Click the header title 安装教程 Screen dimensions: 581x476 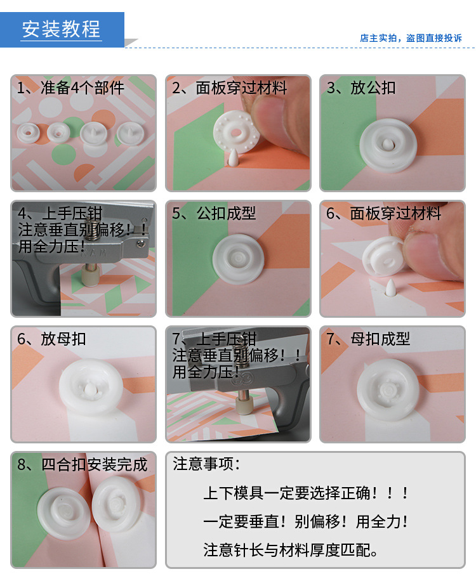(x=61, y=29)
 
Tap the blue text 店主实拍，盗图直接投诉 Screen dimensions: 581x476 (x=411, y=38)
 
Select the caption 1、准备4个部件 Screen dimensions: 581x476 (x=71, y=88)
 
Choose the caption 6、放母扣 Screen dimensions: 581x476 (x=52, y=339)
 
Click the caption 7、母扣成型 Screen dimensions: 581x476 (x=368, y=339)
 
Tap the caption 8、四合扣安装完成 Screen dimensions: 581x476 (x=83, y=464)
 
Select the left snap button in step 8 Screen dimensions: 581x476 (x=62, y=511)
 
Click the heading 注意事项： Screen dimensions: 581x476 (x=207, y=464)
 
